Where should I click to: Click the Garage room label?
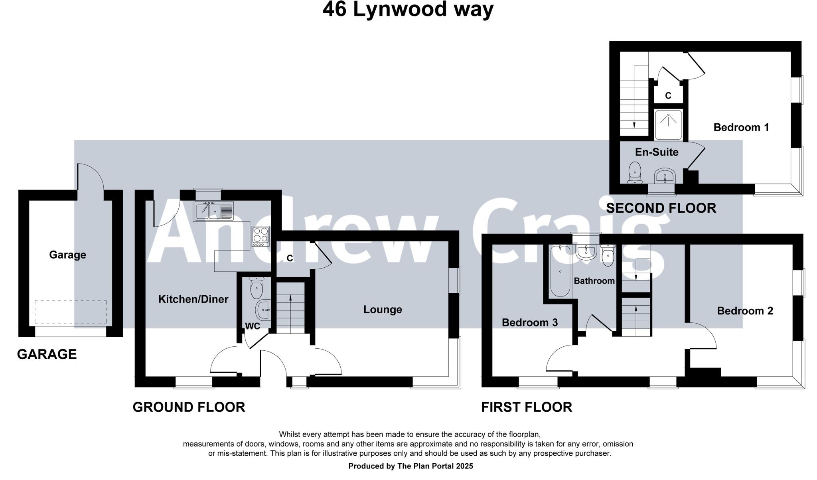point(67,255)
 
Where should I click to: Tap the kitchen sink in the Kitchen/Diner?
point(214,210)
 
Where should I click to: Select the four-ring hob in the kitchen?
point(260,235)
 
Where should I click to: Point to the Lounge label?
point(382,309)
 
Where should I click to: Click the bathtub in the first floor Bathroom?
point(560,271)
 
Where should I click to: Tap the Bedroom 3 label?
point(529,322)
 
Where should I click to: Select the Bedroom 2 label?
point(745,311)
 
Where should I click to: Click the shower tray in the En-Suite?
point(668,124)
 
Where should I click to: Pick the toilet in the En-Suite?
point(634,173)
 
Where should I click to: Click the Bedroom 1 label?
point(741,127)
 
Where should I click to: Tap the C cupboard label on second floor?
point(668,96)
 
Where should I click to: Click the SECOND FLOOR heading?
point(661,208)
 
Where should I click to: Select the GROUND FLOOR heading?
point(189,407)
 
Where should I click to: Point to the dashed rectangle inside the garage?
point(71,312)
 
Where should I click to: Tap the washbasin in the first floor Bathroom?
point(586,252)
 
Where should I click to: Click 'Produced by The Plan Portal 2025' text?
point(410,466)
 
